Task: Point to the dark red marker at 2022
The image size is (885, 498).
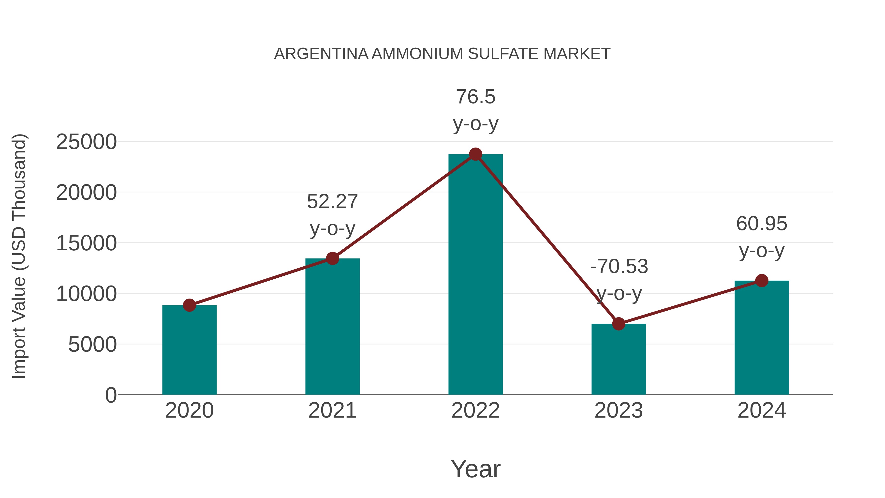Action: [x=475, y=154]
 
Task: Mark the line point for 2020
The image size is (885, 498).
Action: [x=189, y=305]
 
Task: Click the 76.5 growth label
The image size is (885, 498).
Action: [x=475, y=97]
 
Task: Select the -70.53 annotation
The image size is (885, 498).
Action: [x=619, y=266]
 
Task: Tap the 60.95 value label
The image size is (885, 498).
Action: [x=762, y=224]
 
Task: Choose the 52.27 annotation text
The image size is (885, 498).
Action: [x=332, y=201]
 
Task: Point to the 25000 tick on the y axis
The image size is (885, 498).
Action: [x=86, y=142]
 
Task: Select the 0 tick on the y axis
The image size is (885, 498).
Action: [x=111, y=395]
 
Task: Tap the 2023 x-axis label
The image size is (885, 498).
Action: [x=619, y=410]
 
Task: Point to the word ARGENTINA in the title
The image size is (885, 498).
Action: [x=321, y=54]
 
